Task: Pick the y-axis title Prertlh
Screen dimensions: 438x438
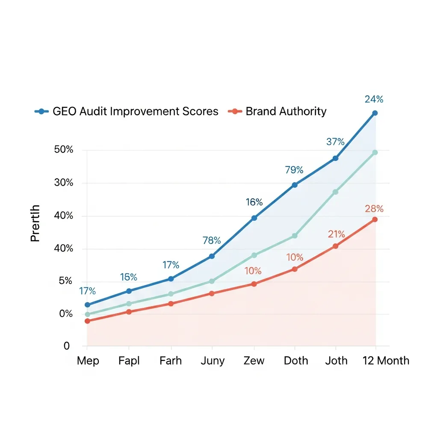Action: click(36, 223)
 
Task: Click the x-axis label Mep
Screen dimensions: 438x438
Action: click(88, 361)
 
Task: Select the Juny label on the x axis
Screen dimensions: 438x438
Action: click(213, 361)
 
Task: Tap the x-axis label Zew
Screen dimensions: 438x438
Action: click(254, 361)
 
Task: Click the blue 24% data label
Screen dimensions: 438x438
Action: click(374, 99)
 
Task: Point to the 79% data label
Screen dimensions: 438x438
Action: click(294, 170)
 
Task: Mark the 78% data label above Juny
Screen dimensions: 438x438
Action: click(212, 240)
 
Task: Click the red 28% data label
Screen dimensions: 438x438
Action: click(374, 209)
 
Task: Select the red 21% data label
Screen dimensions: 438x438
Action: click(336, 234)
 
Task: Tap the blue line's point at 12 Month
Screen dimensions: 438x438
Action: click(375, 113)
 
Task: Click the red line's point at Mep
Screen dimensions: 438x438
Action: click(88, 321)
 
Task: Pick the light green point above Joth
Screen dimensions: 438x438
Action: click(335, 192)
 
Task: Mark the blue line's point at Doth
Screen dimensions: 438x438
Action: click(295, 185)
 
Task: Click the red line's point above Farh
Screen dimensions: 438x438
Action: click(171, 304)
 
